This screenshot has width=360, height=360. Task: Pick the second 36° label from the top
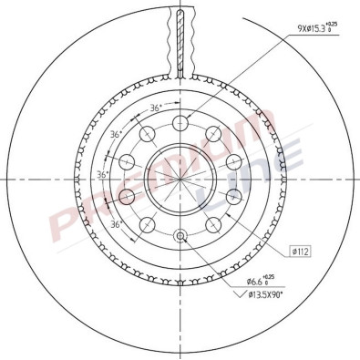pyautogui.click(x=113, y=134)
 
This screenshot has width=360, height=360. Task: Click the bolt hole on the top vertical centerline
pyautogui.click(x=180, y=120)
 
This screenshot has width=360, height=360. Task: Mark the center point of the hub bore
pyautogui.click(x=180, y=178)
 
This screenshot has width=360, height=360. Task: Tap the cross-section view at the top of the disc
pyautogui.click(x=180, y=41)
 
